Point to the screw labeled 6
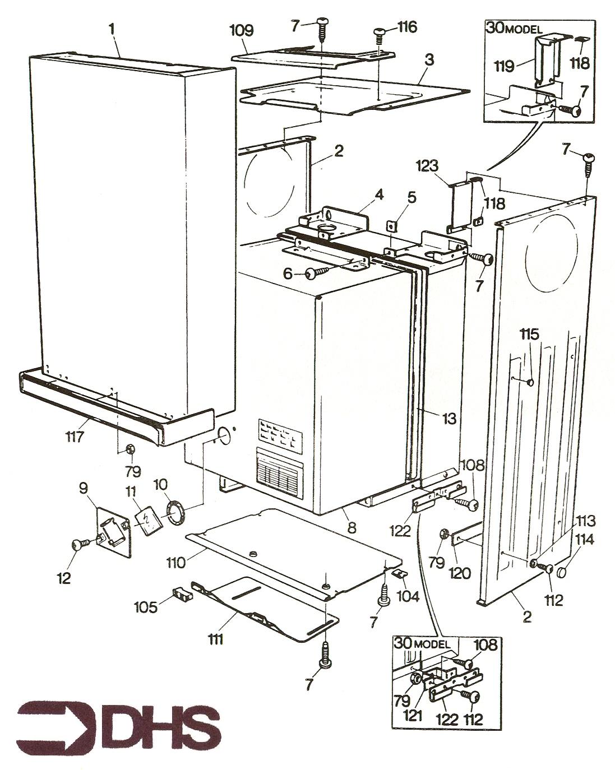[x=315, y=273]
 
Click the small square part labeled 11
[x=149, y=522]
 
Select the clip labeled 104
[x=400, y=573]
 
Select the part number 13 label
[x=448, y=418]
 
